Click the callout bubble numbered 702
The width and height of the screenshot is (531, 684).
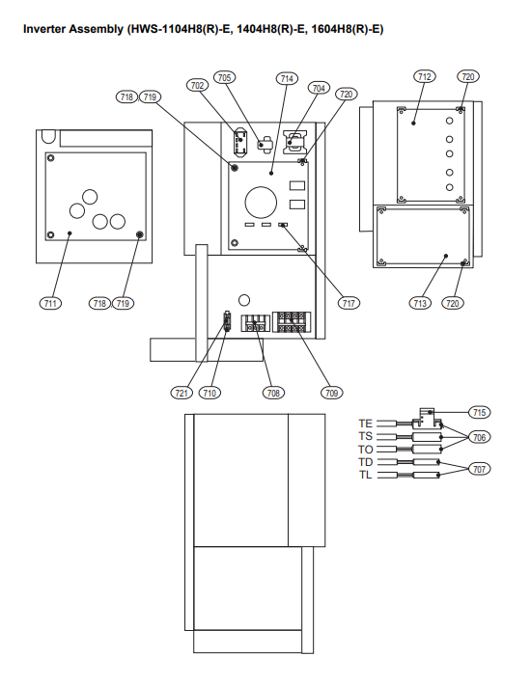click(197, 85)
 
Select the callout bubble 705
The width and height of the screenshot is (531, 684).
click(224, 77)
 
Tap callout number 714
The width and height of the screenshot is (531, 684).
click(287, 78)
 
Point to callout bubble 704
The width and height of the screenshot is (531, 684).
click(319, 88)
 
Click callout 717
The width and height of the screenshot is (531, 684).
click(349, 303)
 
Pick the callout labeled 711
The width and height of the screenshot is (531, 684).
click(50, 303)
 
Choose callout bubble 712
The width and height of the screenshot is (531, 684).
click(425, 77)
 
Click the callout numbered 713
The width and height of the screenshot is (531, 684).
click(420, 303)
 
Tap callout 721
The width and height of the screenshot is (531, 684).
click(182, 393)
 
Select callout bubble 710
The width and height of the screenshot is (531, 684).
click(210, 393)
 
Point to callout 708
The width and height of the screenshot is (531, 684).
click(273, 393)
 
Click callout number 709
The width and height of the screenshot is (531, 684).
click(332, 393)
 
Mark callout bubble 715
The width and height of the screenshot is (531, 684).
click(479, 412)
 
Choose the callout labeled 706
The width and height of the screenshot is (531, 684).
click(479, 437)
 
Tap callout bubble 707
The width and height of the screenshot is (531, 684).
click(479, 469)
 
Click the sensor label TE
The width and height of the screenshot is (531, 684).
click(366, 424)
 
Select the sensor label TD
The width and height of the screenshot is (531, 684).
click(366, 462)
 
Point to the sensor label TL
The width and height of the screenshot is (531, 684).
click(366, 475)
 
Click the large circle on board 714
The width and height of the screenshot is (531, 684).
click(261, 187)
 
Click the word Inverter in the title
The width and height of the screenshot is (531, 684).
click(45, 29)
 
